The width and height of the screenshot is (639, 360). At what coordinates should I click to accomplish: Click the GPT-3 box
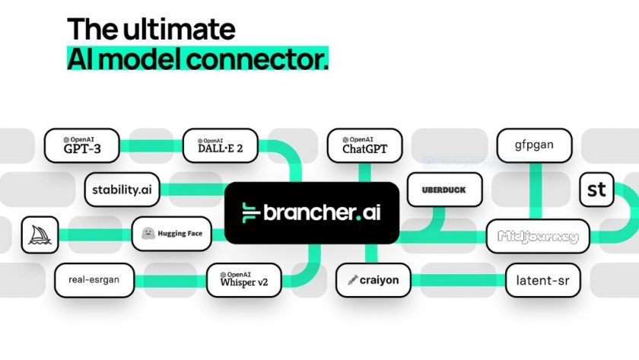pos(82,146)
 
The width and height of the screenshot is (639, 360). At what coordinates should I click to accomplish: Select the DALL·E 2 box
pos(221,146)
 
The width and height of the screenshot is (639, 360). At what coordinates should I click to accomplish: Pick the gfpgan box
pos(534,146)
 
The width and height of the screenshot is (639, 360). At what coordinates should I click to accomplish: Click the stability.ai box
pos(122,190)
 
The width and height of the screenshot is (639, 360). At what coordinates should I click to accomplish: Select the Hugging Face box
pos(171,234)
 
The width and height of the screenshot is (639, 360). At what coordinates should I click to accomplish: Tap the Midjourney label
pos(538,237)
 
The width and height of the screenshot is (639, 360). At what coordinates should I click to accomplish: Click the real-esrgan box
pos(93,279)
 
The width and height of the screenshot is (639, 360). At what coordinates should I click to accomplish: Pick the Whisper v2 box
pos(243,279)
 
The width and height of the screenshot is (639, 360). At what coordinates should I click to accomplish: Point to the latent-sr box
pos(543,279)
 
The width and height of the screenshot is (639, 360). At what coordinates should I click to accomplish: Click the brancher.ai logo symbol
pos(250,212)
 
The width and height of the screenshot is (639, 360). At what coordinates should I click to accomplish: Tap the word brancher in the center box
pos(309,212)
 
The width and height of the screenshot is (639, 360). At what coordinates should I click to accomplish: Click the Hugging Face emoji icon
pos(148,234)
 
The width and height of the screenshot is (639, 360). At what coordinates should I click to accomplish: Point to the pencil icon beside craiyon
pos(352,279)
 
